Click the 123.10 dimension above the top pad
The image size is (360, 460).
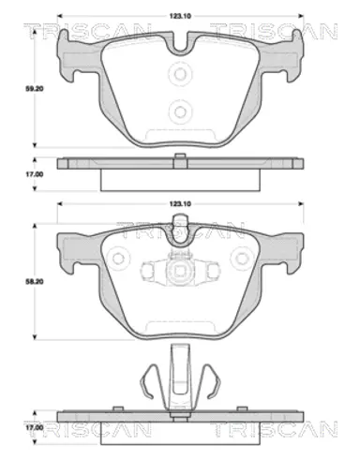click(180, 16)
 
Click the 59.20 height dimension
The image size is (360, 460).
click(35, 89)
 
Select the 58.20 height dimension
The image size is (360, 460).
click(35, 282)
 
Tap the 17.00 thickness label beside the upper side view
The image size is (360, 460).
click(35, 174)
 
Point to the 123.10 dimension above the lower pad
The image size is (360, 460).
click(180, 204)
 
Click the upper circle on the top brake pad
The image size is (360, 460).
click(180, 74)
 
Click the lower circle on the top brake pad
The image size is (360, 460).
click(180, 111)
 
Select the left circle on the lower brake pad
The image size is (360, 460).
click(118, 259)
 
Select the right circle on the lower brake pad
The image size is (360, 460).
click(241, 259)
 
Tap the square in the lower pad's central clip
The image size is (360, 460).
click(180, 271)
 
